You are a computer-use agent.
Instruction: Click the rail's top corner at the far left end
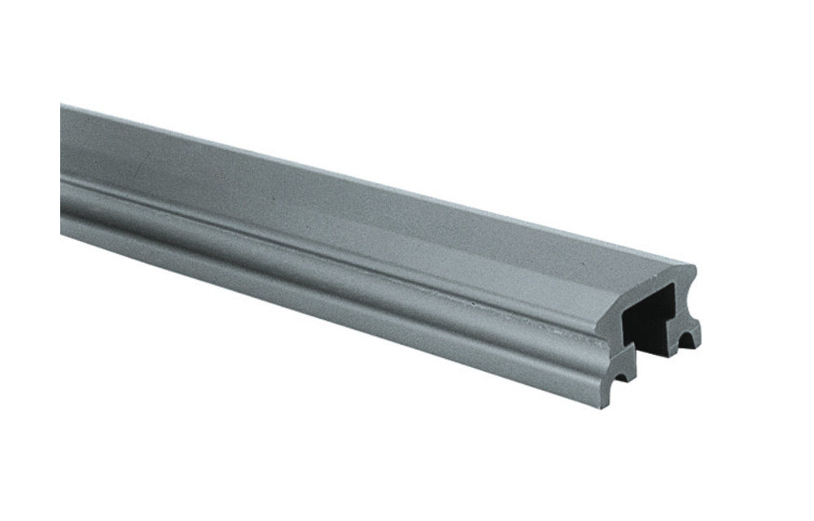[62, 104]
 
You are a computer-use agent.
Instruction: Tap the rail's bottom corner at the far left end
[62, 233]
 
